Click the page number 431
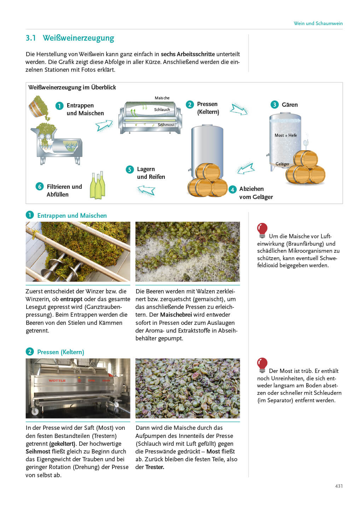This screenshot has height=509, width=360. point(338,486)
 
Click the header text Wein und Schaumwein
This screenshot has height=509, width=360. point(318,23)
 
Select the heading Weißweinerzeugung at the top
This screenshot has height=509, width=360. point(78,38)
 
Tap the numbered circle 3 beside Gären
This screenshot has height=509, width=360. point(274,105)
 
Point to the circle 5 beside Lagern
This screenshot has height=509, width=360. point(130,169)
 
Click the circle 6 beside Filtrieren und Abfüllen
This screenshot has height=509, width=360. point(40,186)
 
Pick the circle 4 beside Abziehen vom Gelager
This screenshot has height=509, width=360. point(232,189)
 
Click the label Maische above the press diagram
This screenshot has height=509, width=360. point(162,98)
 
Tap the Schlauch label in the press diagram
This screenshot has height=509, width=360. point(162,110)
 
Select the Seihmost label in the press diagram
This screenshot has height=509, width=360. point(166,125)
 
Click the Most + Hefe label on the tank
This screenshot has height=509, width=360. point(285,135)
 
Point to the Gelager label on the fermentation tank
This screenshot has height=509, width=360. point(282,164)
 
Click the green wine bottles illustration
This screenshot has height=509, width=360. point(98,185)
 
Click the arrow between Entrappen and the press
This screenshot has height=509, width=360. point(104,125)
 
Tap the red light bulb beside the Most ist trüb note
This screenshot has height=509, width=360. point(262,365)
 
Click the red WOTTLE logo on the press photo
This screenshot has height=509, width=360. point(57,381)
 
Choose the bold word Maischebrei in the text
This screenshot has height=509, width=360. point(176,315)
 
